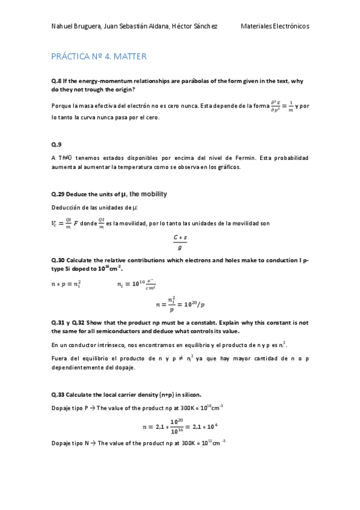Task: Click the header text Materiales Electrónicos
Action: pos(275,26)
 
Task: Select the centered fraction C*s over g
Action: pos(180,242)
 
